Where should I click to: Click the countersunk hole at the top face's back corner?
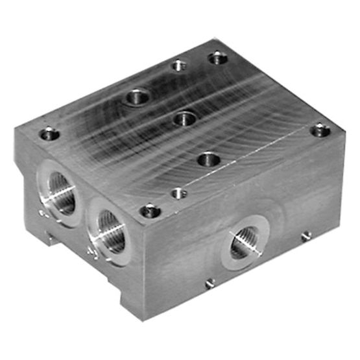click(217, 58)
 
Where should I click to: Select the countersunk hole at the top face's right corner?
click(320, 131)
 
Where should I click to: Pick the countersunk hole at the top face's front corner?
click(150, 210)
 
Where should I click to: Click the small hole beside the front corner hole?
click(178, 193)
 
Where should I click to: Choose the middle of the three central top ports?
click(185, 119)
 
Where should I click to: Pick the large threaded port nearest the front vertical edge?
click(108, 230)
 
